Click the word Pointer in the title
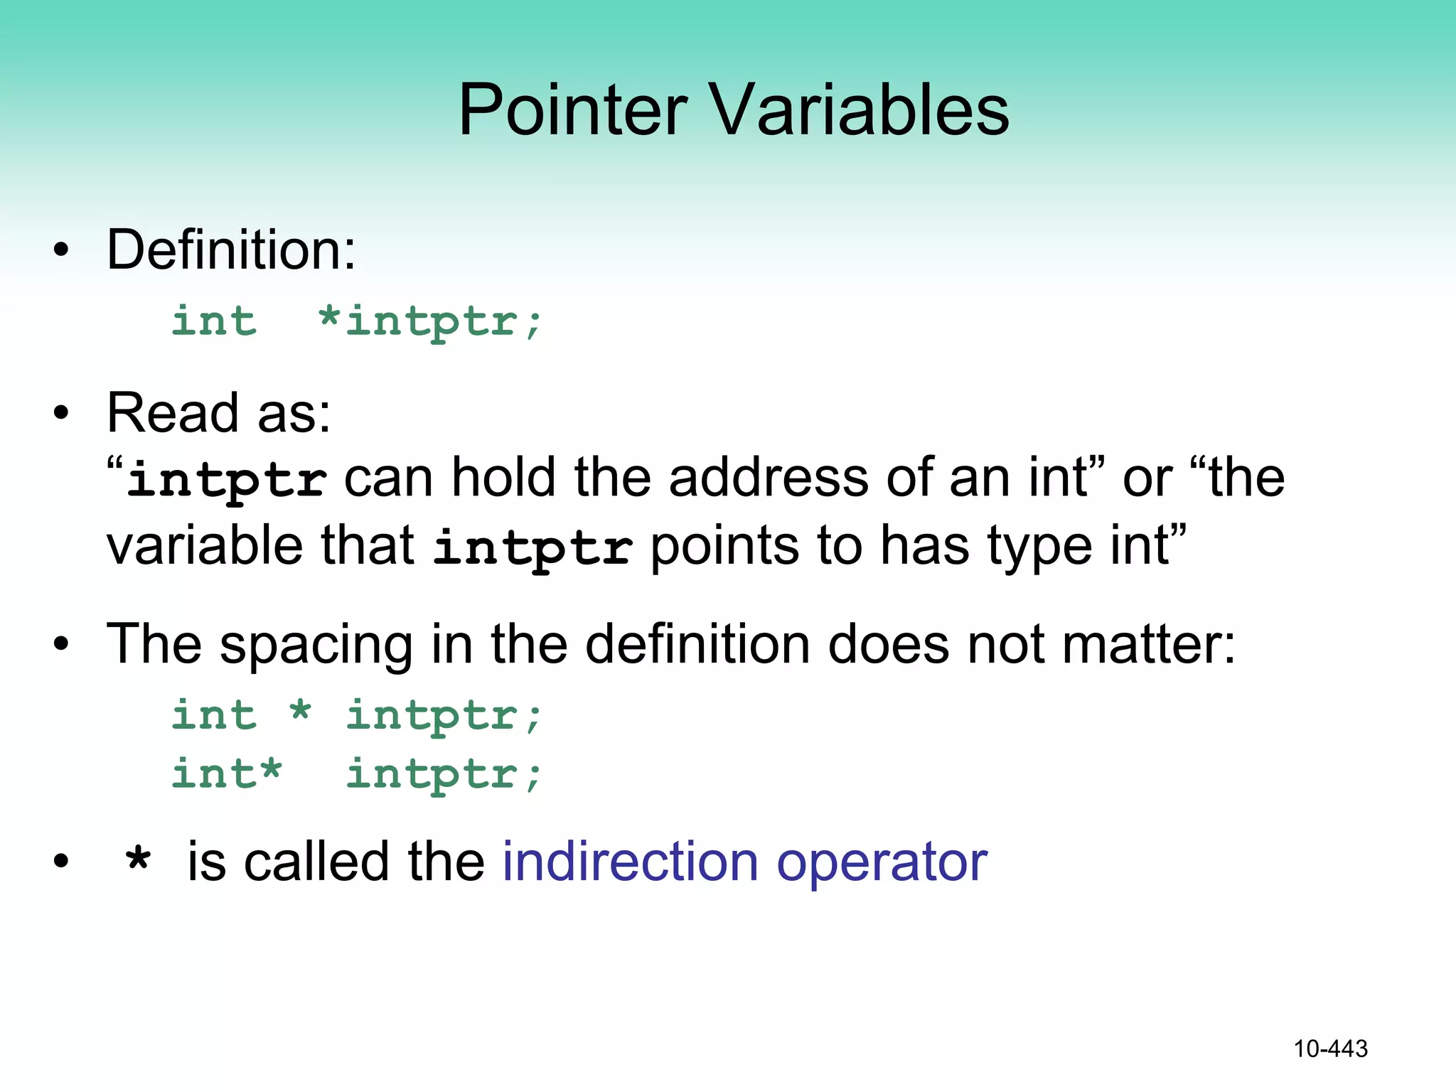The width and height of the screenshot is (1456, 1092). (573, 110)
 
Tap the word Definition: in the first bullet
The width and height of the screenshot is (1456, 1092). (231, 250)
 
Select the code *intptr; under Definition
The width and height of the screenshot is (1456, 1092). (430, 321)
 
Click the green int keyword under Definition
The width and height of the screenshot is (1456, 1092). (214, 321)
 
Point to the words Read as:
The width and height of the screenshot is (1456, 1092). (219, 413)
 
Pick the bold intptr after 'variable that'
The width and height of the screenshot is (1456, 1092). (532, 548)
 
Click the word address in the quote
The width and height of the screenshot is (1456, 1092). (769, 478)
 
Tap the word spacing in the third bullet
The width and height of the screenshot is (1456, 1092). (316, 645)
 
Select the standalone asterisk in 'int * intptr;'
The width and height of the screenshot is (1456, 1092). (301, 712)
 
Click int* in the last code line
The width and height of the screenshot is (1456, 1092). (227, 773)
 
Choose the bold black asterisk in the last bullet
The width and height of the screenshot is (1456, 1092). (138, 862)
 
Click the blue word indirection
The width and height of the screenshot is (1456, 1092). (631, 862)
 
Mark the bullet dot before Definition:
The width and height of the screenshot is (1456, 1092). (62, 250)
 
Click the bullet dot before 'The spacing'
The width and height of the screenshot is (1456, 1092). (62, 645)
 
